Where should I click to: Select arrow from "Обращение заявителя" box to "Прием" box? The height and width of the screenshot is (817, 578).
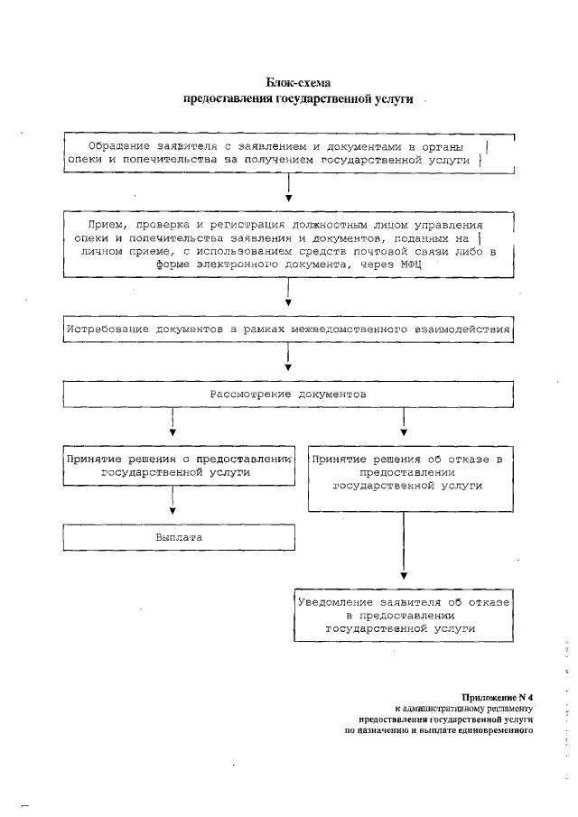point(288,190)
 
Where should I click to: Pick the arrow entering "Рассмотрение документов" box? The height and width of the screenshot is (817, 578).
point(288,361)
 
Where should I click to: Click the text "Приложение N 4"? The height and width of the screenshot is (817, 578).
point(498,697)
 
